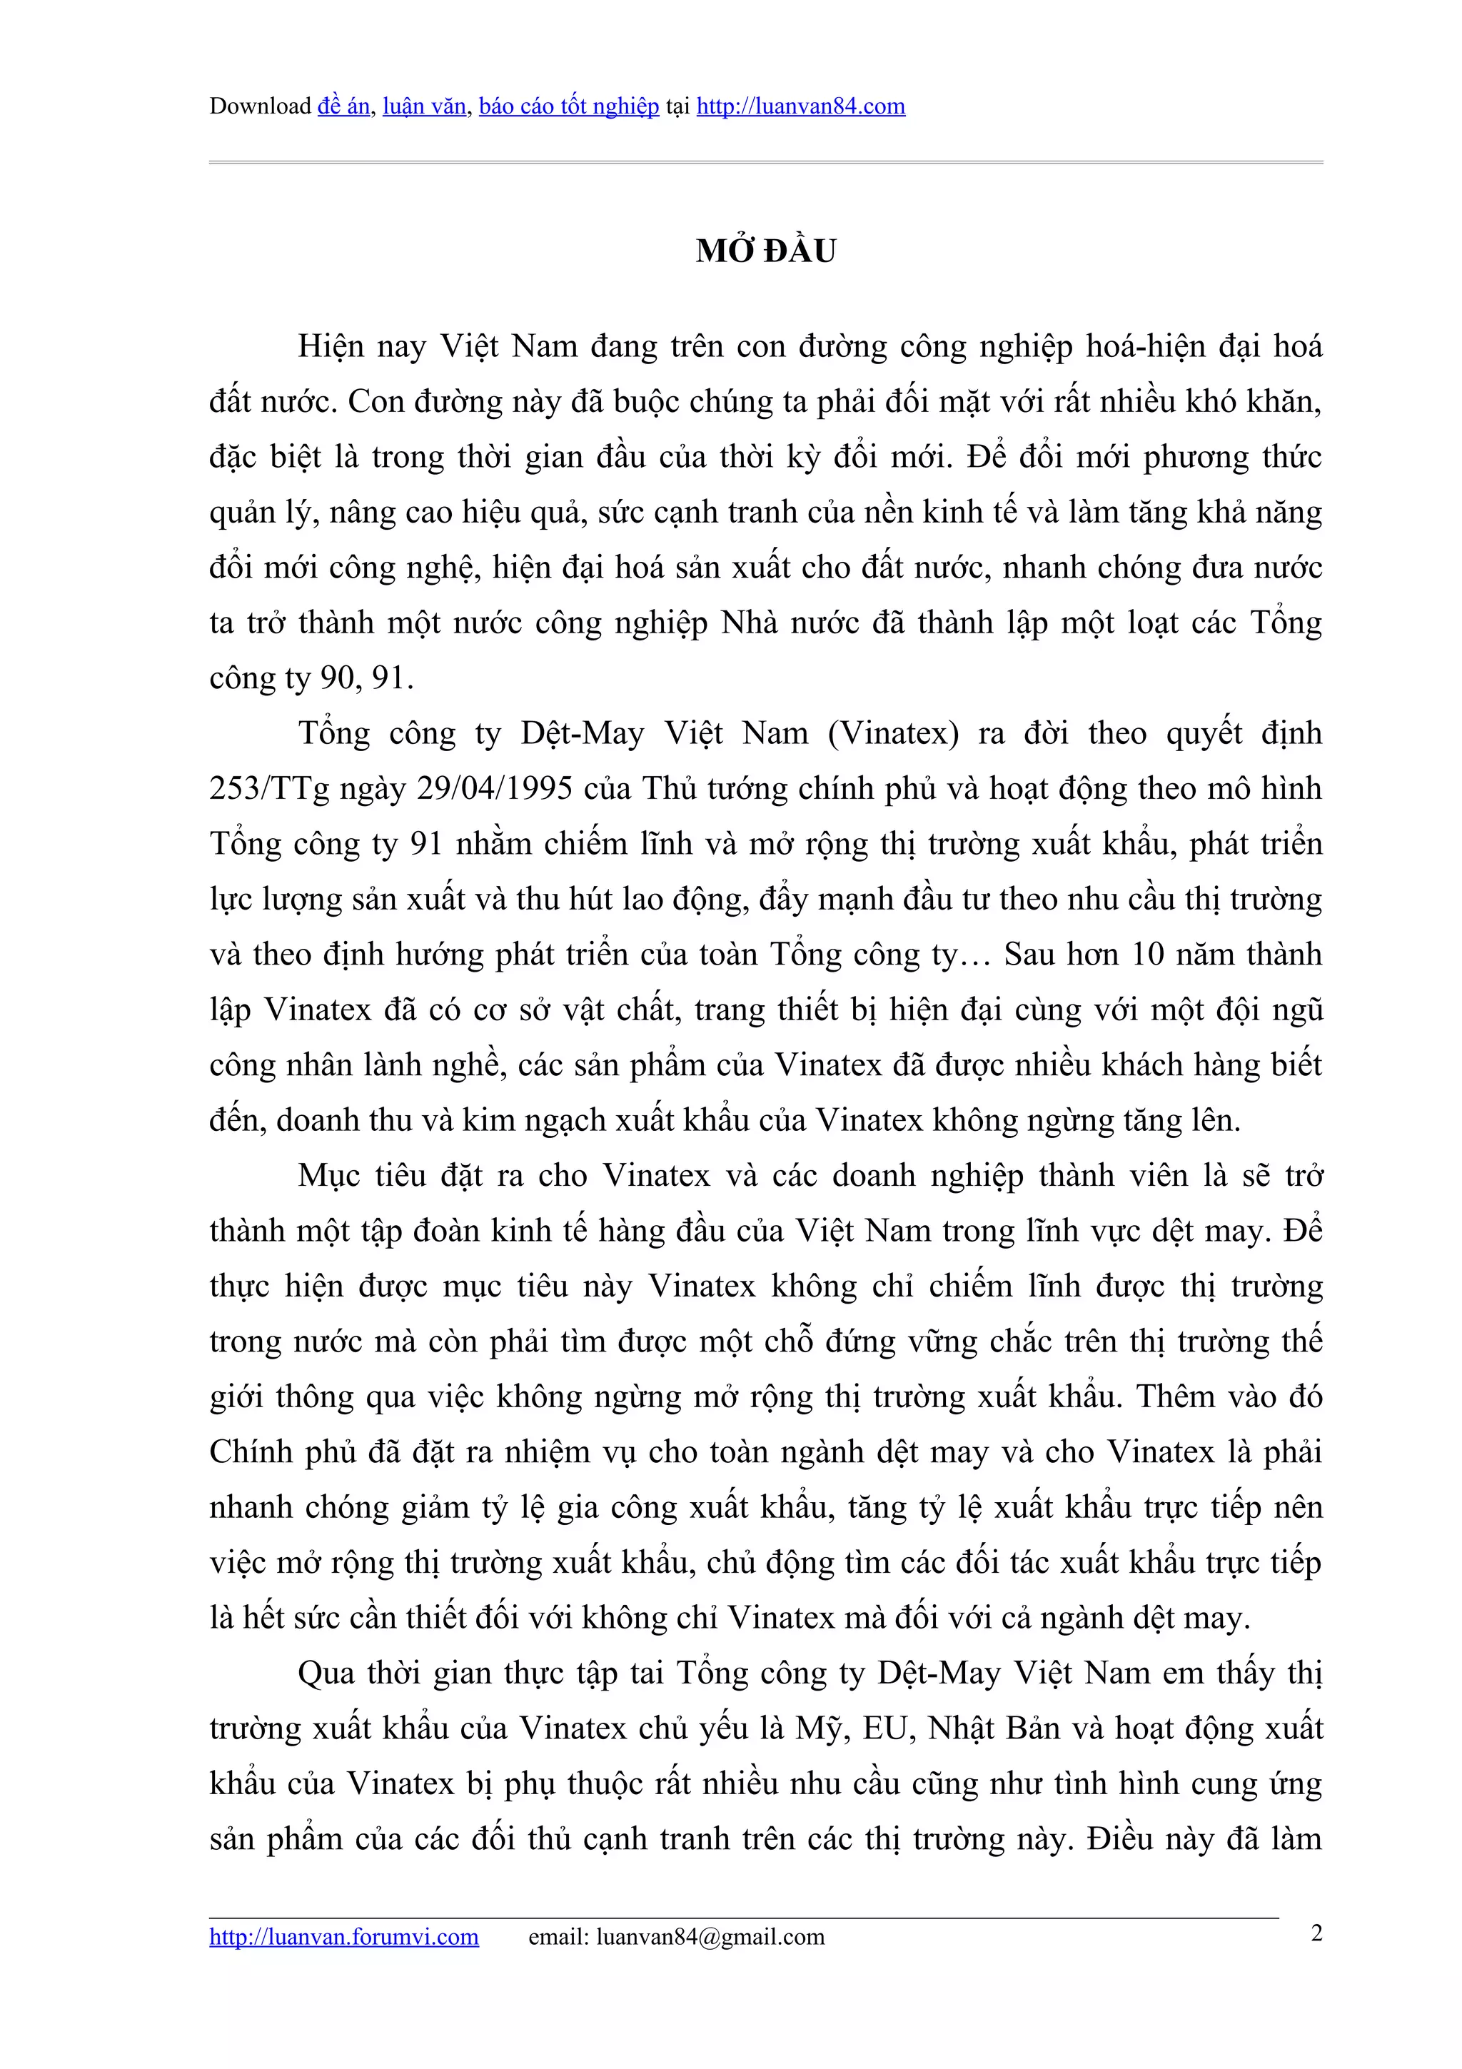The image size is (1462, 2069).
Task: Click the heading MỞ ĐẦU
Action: tap(766, 251)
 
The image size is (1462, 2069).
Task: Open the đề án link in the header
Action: tap(343, 106)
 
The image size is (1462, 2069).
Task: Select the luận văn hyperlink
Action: tap(424, 106)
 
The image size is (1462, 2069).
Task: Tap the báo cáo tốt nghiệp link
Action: tap(568, 106)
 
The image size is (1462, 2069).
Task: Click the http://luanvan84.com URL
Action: tap(800, 106)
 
